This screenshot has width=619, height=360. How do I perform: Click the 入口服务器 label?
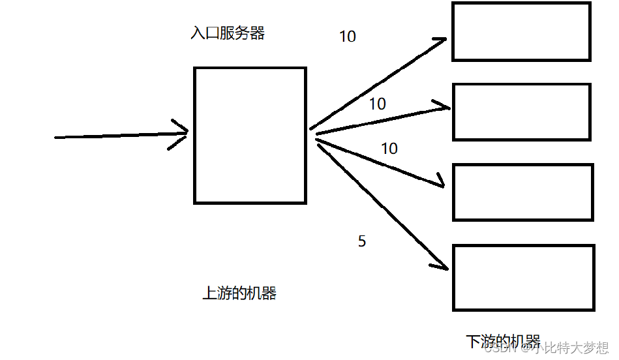coord(228,34)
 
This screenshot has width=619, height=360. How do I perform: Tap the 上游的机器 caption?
coord(239,293)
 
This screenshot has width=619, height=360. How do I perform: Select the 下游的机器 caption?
coord(503,341)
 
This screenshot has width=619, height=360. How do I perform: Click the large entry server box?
coord(250,135)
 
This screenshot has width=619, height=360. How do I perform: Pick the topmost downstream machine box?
coord(521,31)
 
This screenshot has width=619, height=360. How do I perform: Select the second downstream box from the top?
coord(521,112)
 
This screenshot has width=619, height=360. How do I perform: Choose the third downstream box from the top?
coord(523,192)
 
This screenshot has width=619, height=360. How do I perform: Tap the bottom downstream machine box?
coord(524,277)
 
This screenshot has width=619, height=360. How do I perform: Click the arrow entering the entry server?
coord(117,135)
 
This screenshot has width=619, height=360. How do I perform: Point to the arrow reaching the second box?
coord(382,119)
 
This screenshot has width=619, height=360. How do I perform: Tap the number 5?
coord(362,241)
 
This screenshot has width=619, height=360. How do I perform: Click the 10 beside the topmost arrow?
coord(348,37)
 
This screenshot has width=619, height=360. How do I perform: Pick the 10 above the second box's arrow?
coord(377,104)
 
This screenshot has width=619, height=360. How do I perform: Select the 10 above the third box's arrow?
coord(389,149)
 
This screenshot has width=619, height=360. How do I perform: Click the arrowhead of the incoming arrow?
coord(181,133)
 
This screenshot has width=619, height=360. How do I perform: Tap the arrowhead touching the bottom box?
coord(441,264)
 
